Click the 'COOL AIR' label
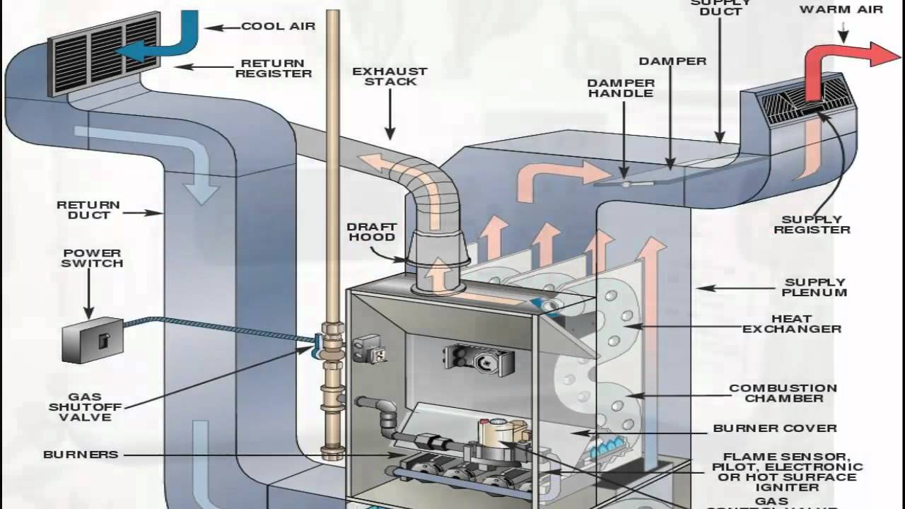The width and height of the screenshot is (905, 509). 278,26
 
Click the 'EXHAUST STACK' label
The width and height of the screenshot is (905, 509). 390,76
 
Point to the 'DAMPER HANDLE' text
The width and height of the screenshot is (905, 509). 621,88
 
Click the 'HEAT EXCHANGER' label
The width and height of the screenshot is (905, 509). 801,324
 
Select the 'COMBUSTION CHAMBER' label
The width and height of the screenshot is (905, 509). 783,393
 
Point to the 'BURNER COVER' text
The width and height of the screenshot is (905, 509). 775,428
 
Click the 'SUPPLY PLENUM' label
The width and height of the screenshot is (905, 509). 814,287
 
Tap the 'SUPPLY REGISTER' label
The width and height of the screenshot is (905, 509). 812,225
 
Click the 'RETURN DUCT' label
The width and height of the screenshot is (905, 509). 88,210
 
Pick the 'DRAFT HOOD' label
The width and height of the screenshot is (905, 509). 370,233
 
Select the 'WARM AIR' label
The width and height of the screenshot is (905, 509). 841,10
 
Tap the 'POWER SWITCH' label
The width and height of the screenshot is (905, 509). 92,258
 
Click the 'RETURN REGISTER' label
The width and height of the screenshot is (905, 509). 274,68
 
